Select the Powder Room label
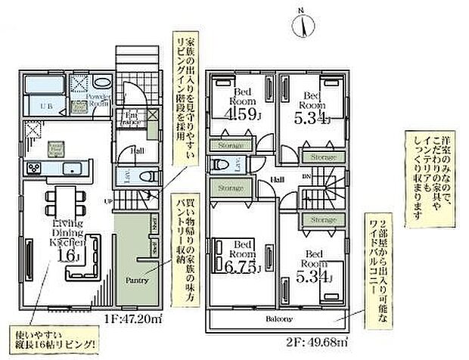coord(99,101)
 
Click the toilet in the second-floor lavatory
coord(219,164)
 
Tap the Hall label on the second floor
coord(278,179)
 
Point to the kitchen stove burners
coord(34,167)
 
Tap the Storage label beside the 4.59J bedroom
coord(228,145)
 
